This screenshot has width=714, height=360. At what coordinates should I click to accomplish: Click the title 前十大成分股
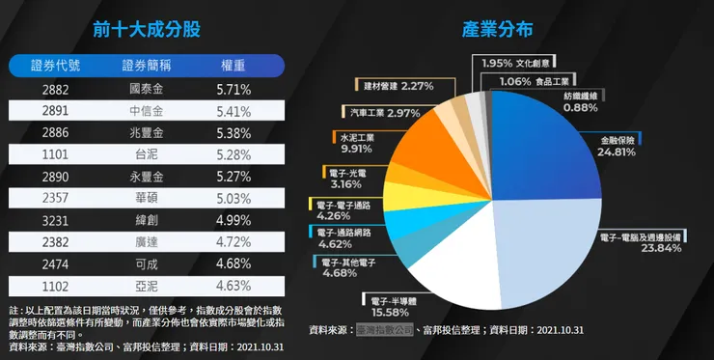[x=146, y=30]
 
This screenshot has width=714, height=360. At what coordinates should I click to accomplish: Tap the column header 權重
[x=233, y=65]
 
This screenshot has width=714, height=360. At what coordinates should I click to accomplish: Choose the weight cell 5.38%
[x=233, y=133]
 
